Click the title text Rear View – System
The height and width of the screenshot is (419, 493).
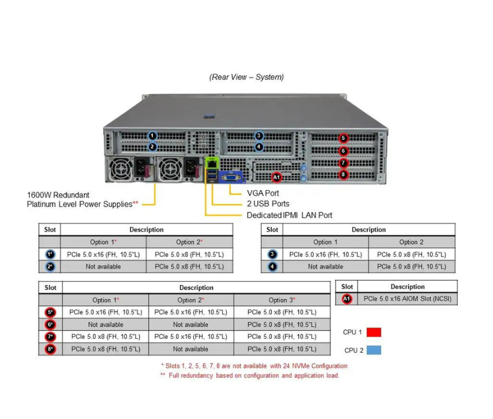click(x=246, y=77)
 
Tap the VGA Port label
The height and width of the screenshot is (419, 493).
click(x=263, y=193)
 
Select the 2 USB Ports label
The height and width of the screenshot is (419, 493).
click(x=268, y=204)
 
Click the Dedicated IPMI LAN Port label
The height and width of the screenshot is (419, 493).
click(x=289, y=215)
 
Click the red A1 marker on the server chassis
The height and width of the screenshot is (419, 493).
click(x=276, y=178)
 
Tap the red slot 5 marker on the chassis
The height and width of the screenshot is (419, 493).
click(x=343, y=138)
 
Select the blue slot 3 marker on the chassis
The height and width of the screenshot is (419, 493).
click(x=259, y=136)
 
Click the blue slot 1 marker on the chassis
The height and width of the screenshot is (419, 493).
click(x=152, y=136)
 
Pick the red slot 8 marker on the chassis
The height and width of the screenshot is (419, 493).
click(x=343, y=174)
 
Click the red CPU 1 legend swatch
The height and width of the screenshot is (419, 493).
click(x=373, y=332)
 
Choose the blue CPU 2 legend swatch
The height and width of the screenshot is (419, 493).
click(x=373, y=350)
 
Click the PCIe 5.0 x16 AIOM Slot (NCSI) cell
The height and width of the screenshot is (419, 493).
click(x=407, y=299)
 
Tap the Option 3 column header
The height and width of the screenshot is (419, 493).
click(x=282, y=300)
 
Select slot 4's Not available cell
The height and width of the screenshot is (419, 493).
click(x=325, y=266)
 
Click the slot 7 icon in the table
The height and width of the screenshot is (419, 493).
click(x=50, y=336)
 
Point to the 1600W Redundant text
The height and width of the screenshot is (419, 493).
click(x=58, y=195)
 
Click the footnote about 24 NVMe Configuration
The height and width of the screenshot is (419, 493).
click(x=254, y=366)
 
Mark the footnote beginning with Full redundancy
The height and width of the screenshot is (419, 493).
click(x=250, y=376)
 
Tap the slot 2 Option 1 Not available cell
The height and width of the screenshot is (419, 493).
click(x=103, y=266)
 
